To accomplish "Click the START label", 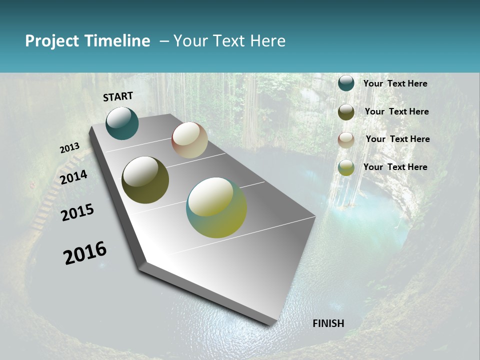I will pos(118,96).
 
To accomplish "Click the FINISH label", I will pos(328,323).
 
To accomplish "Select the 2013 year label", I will pos(69,148).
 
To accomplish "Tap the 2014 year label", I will pos(73,177).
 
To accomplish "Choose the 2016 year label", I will pos(85,253).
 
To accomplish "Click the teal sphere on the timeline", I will pos(122,123).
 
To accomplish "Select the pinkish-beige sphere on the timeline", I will pos(189,140).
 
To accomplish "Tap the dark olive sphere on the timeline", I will pos(145,180).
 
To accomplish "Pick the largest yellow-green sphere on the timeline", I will pos(216,207).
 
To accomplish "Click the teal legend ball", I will pos(346,83).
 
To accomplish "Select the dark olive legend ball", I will pos(346,112).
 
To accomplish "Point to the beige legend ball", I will pos(346,140).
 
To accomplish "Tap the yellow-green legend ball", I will pos(346,167).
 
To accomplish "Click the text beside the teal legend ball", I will pos(395,83).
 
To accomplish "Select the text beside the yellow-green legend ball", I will pos(395,167).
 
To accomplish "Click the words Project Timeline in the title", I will pos(87,41).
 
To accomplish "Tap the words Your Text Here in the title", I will pos(229,41).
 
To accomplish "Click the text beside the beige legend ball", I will pos(397,139).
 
